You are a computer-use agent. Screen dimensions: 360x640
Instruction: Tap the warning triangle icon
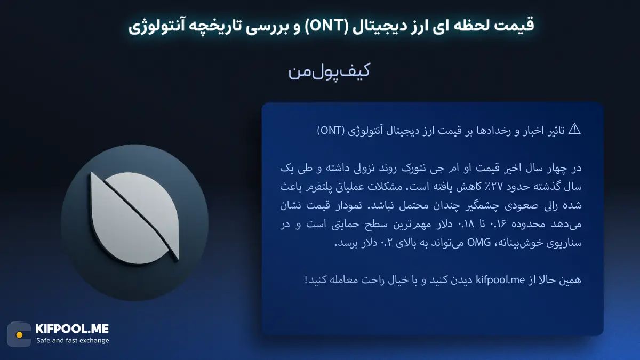point(574,129)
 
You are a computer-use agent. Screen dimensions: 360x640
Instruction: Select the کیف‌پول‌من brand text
point(329,73)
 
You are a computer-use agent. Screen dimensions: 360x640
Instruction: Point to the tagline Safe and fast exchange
point(73,341)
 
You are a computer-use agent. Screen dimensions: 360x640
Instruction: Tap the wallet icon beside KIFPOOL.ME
point(19,334)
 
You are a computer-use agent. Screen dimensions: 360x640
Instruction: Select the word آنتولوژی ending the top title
point(151,25)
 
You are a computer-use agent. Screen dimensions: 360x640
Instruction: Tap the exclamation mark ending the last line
point(306,279)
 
